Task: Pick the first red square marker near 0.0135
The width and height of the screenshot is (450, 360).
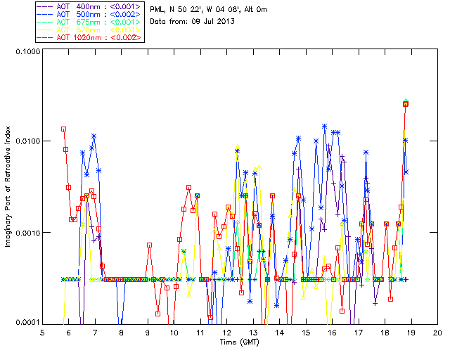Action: pyautogui.click(x=63, y=129)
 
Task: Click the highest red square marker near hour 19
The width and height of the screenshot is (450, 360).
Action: pyautogui.click(x=406, y=104)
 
